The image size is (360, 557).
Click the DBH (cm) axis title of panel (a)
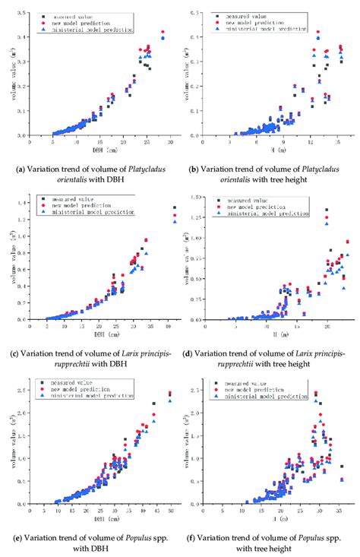click(x=99, y=149)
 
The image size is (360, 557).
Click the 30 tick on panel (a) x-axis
click(x=172, y=142)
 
